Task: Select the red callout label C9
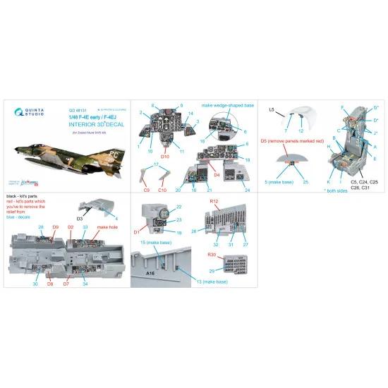click(x=147, y=190)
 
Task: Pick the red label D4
click(x=217, y=174)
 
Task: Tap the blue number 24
click(x=248, y=189)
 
